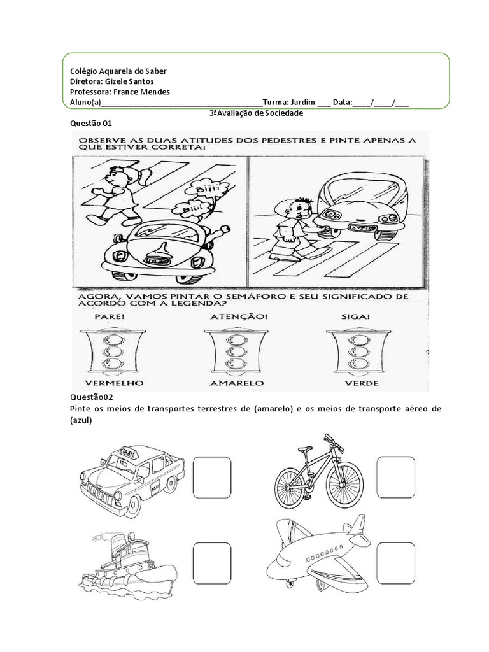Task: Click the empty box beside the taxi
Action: coord(211,476)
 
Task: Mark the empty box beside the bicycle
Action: coord(395,476)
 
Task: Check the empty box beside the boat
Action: coord(211,560)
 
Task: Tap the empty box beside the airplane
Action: coord(395,560)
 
